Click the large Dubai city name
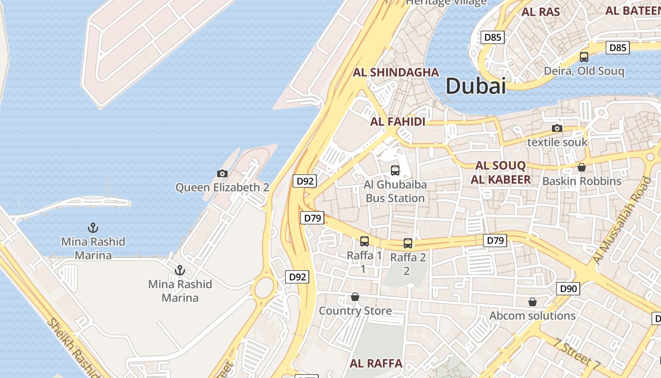(475, 86)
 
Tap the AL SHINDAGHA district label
(396, 72)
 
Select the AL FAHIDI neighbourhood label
(398, 121)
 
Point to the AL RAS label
(541, 12)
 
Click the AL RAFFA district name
(376, 363)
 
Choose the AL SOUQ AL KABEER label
(500, 172)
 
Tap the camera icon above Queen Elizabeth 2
(222, 173)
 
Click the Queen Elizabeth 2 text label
(222, 188)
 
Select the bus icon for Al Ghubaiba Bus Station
(395, 171)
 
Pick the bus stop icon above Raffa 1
(364, 241)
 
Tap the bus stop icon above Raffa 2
(408, 243)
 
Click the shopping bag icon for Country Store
(355, 297)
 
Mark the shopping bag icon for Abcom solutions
(532, 301)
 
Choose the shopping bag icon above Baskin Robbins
(581, 167)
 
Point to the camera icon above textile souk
(557, 128)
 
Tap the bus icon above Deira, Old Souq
(584, 57)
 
